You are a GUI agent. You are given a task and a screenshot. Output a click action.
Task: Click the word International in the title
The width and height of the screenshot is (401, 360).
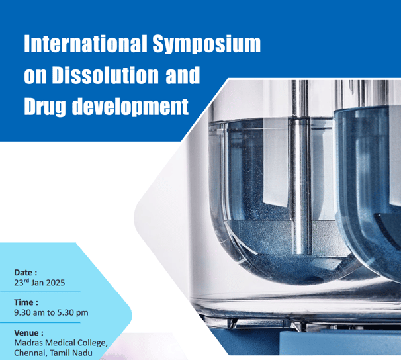pyautogui.click(x=85, y=44)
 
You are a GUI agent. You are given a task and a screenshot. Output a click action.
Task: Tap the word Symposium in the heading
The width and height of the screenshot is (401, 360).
pyautogui.click(x=206, y=44)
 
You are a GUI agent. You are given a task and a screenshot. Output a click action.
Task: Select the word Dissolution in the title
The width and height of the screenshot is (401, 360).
pyautogui.click(x=105, y=75)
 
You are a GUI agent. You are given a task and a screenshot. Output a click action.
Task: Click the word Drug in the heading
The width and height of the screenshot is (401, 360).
pyautogui.click(x=45, y=107)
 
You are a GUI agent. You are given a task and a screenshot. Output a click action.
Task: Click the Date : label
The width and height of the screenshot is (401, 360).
pyautogui.click(x=26, y=273)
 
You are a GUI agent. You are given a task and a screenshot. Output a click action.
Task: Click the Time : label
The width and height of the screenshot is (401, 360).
pyautogui.click(x=26, y=302)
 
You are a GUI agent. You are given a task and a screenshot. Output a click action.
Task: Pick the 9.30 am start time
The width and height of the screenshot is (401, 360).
pyautogui.click(x=29, y=313)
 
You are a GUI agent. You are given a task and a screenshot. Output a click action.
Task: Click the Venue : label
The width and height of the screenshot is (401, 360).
pyautogui.click(x=28, y=333)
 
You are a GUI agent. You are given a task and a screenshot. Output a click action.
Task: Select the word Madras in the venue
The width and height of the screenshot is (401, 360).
pyautogui.click(x=28, y=343)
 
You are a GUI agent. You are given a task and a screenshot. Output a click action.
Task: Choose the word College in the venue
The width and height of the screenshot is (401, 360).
pyautogui.click(x=93, y=343)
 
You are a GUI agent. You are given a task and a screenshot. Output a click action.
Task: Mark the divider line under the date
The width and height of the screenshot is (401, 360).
pyautogui.click(x=40, y=292)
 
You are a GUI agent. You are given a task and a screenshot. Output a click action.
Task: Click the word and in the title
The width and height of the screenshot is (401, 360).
pyautogui.click(x=183, y=75)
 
